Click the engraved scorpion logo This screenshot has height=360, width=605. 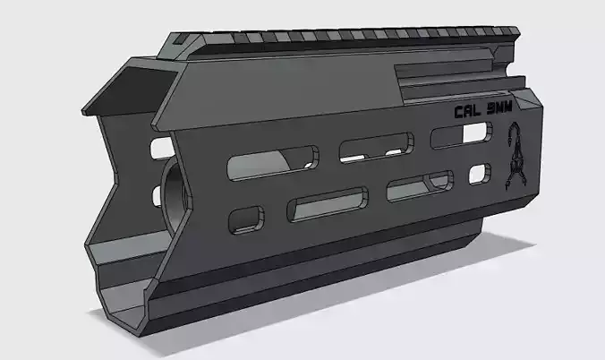coord(516,160)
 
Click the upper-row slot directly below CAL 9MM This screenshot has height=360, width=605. coord(460,135)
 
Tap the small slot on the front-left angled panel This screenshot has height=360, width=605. coord(161,145)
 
